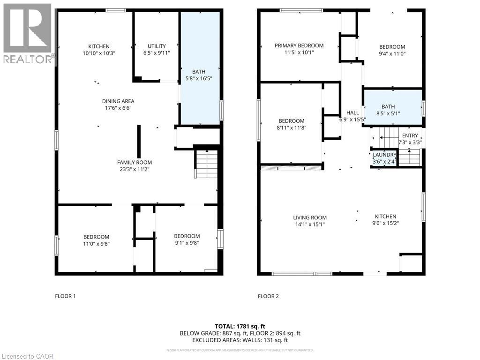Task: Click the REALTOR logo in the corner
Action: pos(27,33)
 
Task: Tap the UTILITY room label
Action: pos(157,46)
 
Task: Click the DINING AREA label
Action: pos(118,101)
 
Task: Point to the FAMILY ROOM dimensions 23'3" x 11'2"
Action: pos(135,170)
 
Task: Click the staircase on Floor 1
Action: pos(206,164)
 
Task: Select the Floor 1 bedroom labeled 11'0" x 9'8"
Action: pos(96,240)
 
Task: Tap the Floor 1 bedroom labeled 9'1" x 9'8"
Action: pos(187,240)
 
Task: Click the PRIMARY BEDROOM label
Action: pos(299,45)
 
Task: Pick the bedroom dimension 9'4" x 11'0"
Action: pos(392,54)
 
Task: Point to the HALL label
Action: pos(352,112)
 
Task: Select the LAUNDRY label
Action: pos(384,155)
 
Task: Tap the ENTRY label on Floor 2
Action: pos(410,136)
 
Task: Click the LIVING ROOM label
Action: pos(310,217)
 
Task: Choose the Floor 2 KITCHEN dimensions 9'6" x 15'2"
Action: pos(385,224)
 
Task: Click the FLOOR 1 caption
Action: pos(65,296)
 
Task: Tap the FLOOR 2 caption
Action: pos(268,296)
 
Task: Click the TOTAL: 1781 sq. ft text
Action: pos(240,326)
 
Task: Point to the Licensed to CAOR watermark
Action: pos(27,356)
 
